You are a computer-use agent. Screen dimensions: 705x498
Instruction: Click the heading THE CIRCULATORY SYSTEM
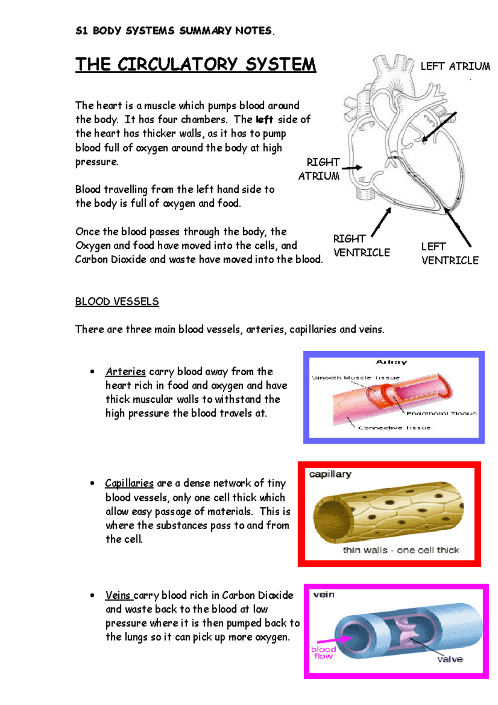point(195,65)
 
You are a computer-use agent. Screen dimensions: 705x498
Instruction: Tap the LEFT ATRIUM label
point(455,66)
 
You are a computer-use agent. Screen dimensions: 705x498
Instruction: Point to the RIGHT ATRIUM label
point(320,169)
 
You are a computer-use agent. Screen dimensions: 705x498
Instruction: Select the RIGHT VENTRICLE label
point(361,246)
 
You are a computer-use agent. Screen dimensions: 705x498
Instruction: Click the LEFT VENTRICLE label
point(449,254)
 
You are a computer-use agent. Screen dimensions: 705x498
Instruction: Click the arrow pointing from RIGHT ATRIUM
point(352,168)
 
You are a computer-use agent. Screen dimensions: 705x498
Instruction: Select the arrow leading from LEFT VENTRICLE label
point(458,228)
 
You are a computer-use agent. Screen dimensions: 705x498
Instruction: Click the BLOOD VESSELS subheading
point(117,301)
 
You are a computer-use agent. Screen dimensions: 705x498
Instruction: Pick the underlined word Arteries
point(125,372)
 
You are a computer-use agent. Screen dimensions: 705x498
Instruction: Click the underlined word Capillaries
point(129,483)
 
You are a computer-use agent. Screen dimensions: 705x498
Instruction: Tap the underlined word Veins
point(118,595)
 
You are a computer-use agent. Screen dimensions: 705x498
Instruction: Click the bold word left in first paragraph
point(264,120)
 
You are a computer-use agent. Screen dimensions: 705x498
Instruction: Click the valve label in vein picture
point(450,659)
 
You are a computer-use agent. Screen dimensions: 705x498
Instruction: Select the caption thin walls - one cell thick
point(401,550)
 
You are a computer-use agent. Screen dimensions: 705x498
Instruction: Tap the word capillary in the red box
point(330,474)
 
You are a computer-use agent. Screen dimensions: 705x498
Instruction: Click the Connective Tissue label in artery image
point(395,428)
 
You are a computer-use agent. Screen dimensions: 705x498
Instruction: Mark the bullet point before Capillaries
point(92,483)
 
